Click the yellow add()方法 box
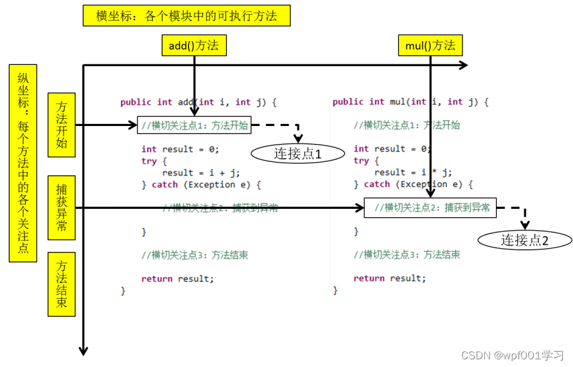tap(193, 45)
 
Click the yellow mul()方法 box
tap(430, 45)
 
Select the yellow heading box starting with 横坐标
tap(187, 16)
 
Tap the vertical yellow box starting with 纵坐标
tap(23, 163)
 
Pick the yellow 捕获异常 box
tap(62, 208)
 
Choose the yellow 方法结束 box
tap(62, 284)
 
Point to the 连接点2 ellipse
tap(524, 240)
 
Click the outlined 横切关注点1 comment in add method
tap(194, 125)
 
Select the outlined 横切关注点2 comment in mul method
tap(430, 208)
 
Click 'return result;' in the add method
tap(177, 278)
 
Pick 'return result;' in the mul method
tap(389, 278)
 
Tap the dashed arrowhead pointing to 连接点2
tap(525, 226)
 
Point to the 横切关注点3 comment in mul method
tap(407, 255)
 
